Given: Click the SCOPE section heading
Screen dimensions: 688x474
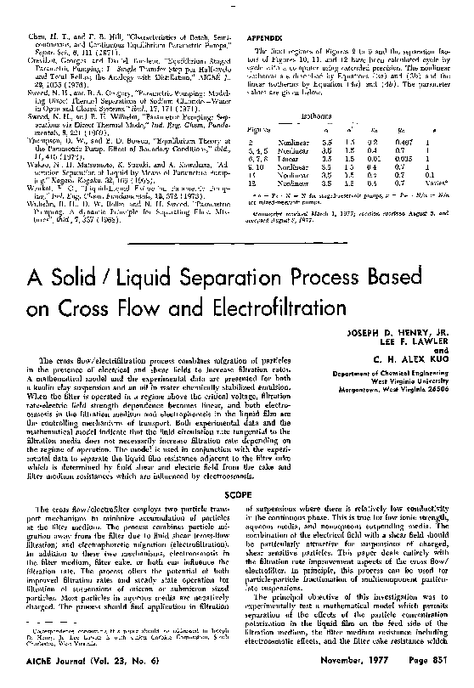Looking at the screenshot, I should click(x=236, y=493).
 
